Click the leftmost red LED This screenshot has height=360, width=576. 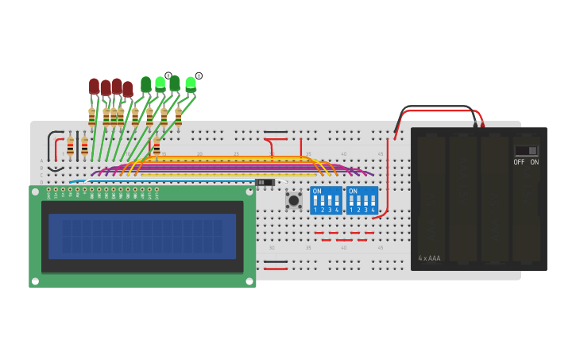(94, 85)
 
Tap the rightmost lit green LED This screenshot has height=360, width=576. (191, 83)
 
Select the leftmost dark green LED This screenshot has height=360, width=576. (145, 83)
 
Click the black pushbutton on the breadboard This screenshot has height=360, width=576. (293, 201)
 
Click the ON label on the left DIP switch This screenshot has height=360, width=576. (317, 192)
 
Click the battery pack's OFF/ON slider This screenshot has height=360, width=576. (525, 150)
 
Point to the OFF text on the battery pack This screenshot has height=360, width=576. (519, 162)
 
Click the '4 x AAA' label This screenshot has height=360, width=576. (429, 258)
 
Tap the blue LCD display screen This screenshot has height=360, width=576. (142, 236)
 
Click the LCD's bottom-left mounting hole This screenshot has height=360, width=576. (35, 281)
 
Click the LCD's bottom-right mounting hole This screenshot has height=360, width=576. (249, 281)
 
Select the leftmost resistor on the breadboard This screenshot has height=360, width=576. (70, 146)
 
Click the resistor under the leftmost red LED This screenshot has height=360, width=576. (92, 117)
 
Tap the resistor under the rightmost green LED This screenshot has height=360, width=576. (178, 117)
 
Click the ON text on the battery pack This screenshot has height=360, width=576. (534, 162)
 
